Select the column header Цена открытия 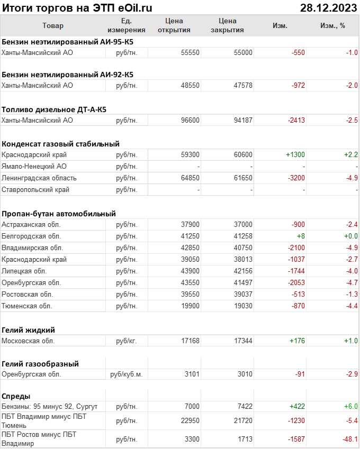[x=174, y=25]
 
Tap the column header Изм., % [x=332, y=25]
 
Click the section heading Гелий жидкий [x=29, y=329]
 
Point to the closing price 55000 [x=243, y=53]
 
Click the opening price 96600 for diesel [x=190, y=120]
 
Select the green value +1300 [x=295, y=155]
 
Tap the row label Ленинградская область [x=39, y=178]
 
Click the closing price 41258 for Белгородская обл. [x=243, y=236]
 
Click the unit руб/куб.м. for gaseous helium [x=126, y=374]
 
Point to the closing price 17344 [x=243, y=341]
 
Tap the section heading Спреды [x=16, y=396]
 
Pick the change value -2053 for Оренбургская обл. [x=296, y=282]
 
